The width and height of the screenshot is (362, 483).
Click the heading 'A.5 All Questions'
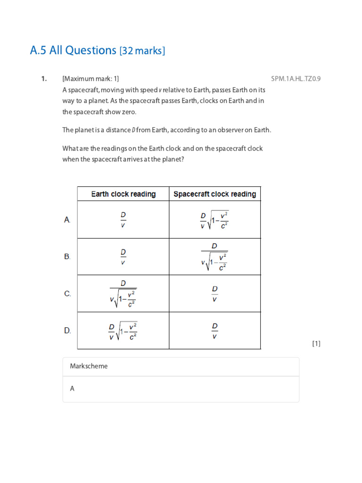(x=73, y=50)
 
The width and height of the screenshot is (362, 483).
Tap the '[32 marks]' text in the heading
(x=142, y=51)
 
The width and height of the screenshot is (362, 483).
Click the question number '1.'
(x=44, y=79)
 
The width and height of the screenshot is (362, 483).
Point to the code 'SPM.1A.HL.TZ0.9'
(x=296, y=79)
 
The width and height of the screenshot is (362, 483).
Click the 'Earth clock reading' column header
(x=123, y=194)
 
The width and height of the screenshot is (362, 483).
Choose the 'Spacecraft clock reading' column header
(x=214, y=194)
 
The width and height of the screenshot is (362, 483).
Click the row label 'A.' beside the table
(x=67, y=220)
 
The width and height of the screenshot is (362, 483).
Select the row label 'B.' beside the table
(x=67, y=257)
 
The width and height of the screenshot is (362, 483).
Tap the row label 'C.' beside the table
(x=67, y=294)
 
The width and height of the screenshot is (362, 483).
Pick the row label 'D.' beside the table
(x=67, y=331)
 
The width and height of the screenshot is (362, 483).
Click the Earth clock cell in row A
(x=123, y=220)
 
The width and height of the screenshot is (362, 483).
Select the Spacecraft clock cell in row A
(x=214, y=220)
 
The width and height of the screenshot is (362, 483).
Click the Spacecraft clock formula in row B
(x=214, y=257)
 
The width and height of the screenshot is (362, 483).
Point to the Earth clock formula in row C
(x=123, y=294)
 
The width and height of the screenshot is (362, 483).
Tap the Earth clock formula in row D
(x=123, y=331)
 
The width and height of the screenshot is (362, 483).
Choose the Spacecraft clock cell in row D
(x=214, y=331)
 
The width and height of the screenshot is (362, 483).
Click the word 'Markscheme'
(x=89, y=366)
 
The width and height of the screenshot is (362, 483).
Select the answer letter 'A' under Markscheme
(x=73, y=389)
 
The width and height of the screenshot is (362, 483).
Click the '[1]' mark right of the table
(x=316, y=344)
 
